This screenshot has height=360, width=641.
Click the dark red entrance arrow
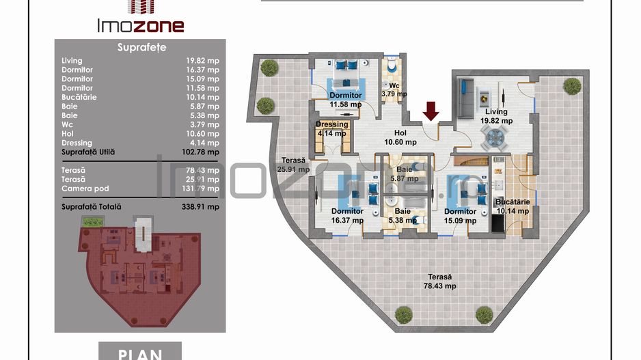[431, 109]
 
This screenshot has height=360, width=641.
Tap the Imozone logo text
[139, 26]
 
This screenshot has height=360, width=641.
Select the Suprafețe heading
[141, 48]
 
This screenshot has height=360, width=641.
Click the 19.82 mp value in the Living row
[204, 61]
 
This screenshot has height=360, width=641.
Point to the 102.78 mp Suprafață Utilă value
[202, 152]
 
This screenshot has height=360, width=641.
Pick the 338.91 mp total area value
[203, 206]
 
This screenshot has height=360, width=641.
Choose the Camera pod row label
[85, 189]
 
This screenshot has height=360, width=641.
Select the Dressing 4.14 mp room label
[331, 129]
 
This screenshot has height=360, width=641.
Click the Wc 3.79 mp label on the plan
[394, 89]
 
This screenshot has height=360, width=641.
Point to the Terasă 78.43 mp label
[439, 281]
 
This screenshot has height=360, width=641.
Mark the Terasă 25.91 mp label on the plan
[293, 165]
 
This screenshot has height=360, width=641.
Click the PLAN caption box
[140, 351]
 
